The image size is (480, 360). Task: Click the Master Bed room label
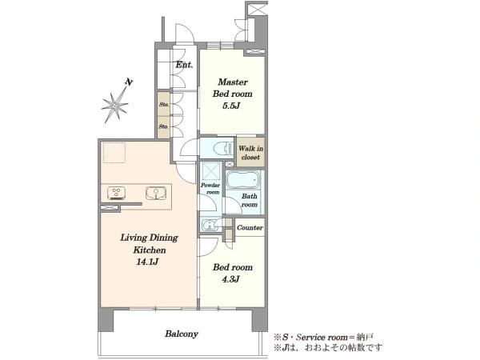pos(232,88)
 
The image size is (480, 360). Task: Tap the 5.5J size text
pos(231,106)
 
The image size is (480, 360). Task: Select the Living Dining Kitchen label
pos(150,244)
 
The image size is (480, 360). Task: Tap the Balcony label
pos(182,334)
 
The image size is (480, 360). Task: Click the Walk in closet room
pos(250,152)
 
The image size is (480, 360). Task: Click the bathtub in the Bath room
pos(243,180)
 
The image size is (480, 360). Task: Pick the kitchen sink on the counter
pos(156,193)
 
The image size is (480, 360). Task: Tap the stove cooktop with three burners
pos(116,193)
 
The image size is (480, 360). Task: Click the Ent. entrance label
pos(184,65)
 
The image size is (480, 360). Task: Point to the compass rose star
pos(114,106)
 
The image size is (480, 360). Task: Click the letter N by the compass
pos(129,82)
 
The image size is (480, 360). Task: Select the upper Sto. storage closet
pos(164,104)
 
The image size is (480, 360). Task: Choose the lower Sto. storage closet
pos(164,126)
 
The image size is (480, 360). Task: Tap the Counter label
pos(250,228)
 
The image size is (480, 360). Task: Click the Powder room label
pos(210,189)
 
